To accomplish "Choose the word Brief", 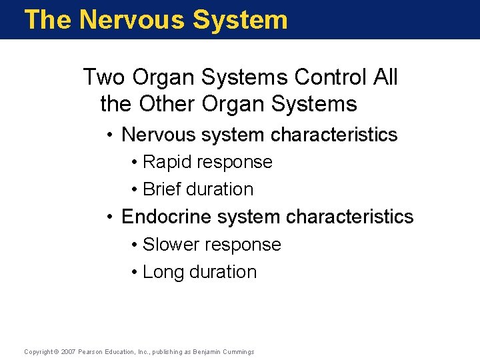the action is (x=161, y=189).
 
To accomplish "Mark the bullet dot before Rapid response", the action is (x=135, y=163).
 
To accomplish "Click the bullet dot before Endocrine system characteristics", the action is (x=111, y=217).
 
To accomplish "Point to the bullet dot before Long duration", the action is (x=135, y=273).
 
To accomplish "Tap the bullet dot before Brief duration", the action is (x=135, y=190).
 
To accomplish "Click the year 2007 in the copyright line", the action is (x=68, y=351).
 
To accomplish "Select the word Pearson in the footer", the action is (x=91, y=351).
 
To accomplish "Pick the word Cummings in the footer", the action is (x=238, y=351).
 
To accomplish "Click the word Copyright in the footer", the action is (x=37, y=351).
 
